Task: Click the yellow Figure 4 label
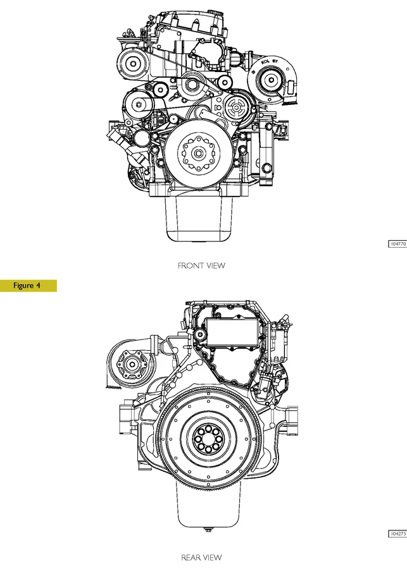(28, 286)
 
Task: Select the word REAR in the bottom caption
(192, 558)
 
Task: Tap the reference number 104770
(398, 243)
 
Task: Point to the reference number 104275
(398, 534)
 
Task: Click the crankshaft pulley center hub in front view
(197, 152)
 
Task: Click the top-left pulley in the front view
(134, 63)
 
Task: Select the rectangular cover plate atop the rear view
(229, 331)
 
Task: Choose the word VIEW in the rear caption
(213, 558)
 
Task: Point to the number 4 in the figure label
(38, 286)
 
